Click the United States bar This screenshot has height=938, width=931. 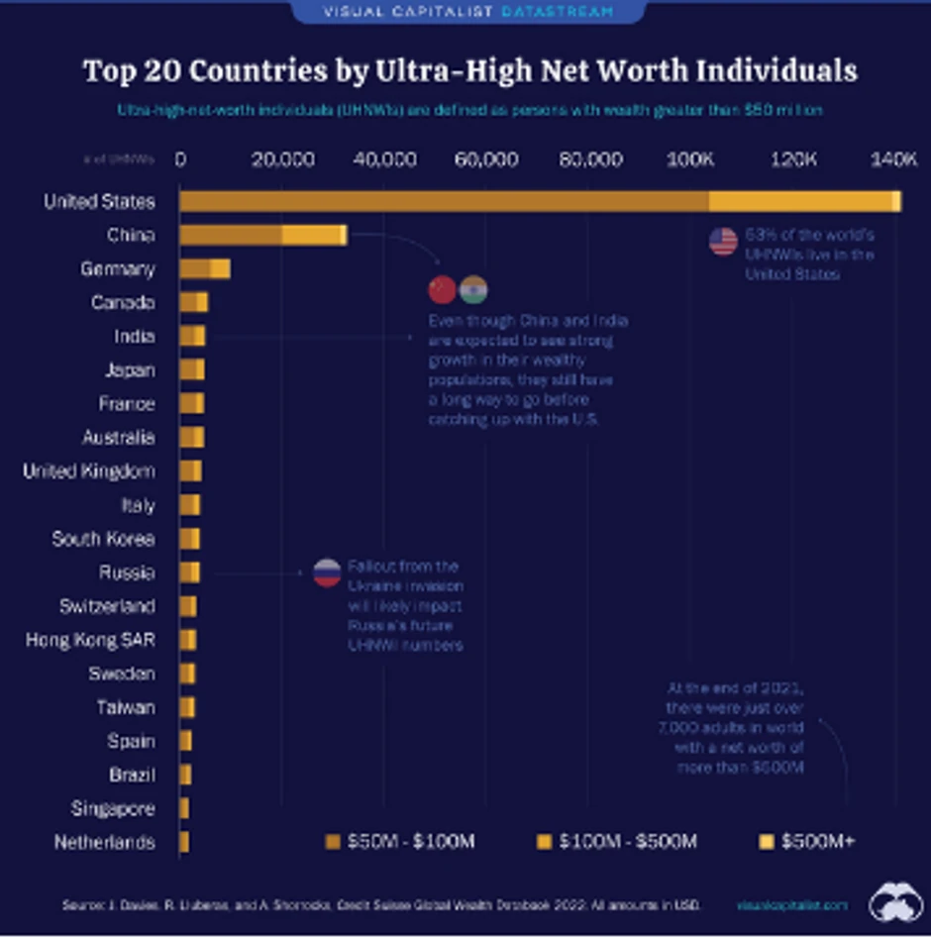[540, 201]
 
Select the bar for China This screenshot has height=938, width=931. [263, 235]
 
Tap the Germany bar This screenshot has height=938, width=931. [205, 268]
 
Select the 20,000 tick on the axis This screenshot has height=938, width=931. [282, 159]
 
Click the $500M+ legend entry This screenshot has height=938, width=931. [806, 842]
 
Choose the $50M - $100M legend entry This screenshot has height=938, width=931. [400, 842]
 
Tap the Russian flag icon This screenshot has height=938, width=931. [327, 573]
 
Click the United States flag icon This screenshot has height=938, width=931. [724, 242]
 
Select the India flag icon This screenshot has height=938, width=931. [473, 289]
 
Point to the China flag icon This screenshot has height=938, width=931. [442, 289]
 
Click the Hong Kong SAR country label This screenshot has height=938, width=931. [90, 640]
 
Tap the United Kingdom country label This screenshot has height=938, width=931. [89, 471]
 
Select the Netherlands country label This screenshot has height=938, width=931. [105, 843]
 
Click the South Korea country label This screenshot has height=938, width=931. [103, 539]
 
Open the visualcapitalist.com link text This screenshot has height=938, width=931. [792, 904]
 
